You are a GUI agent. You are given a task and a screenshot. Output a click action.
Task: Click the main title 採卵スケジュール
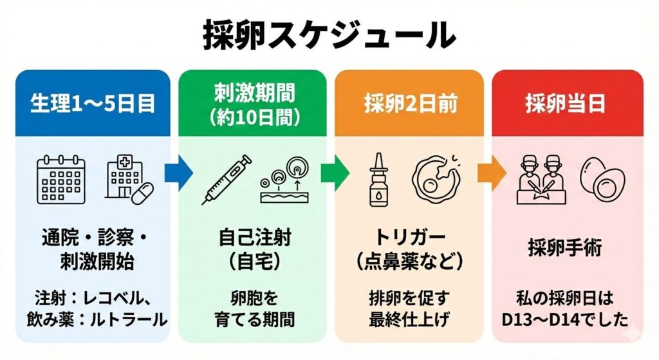click(329, 35)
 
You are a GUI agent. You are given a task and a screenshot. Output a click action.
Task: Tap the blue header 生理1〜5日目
click(93, 103)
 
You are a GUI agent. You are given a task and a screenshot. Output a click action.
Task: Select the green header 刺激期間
click(253, 93)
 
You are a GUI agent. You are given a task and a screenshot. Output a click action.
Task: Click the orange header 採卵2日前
click(409, 103)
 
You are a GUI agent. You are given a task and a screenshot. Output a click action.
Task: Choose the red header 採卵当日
click(567, 103)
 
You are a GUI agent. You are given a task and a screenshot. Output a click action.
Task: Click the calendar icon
click(61, 178)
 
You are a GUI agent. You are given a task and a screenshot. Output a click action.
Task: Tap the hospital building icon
click(129, 178)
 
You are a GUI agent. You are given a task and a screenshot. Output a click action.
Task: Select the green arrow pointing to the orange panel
click(335, 173)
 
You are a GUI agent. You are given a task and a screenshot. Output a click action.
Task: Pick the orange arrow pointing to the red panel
click(491, 173)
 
